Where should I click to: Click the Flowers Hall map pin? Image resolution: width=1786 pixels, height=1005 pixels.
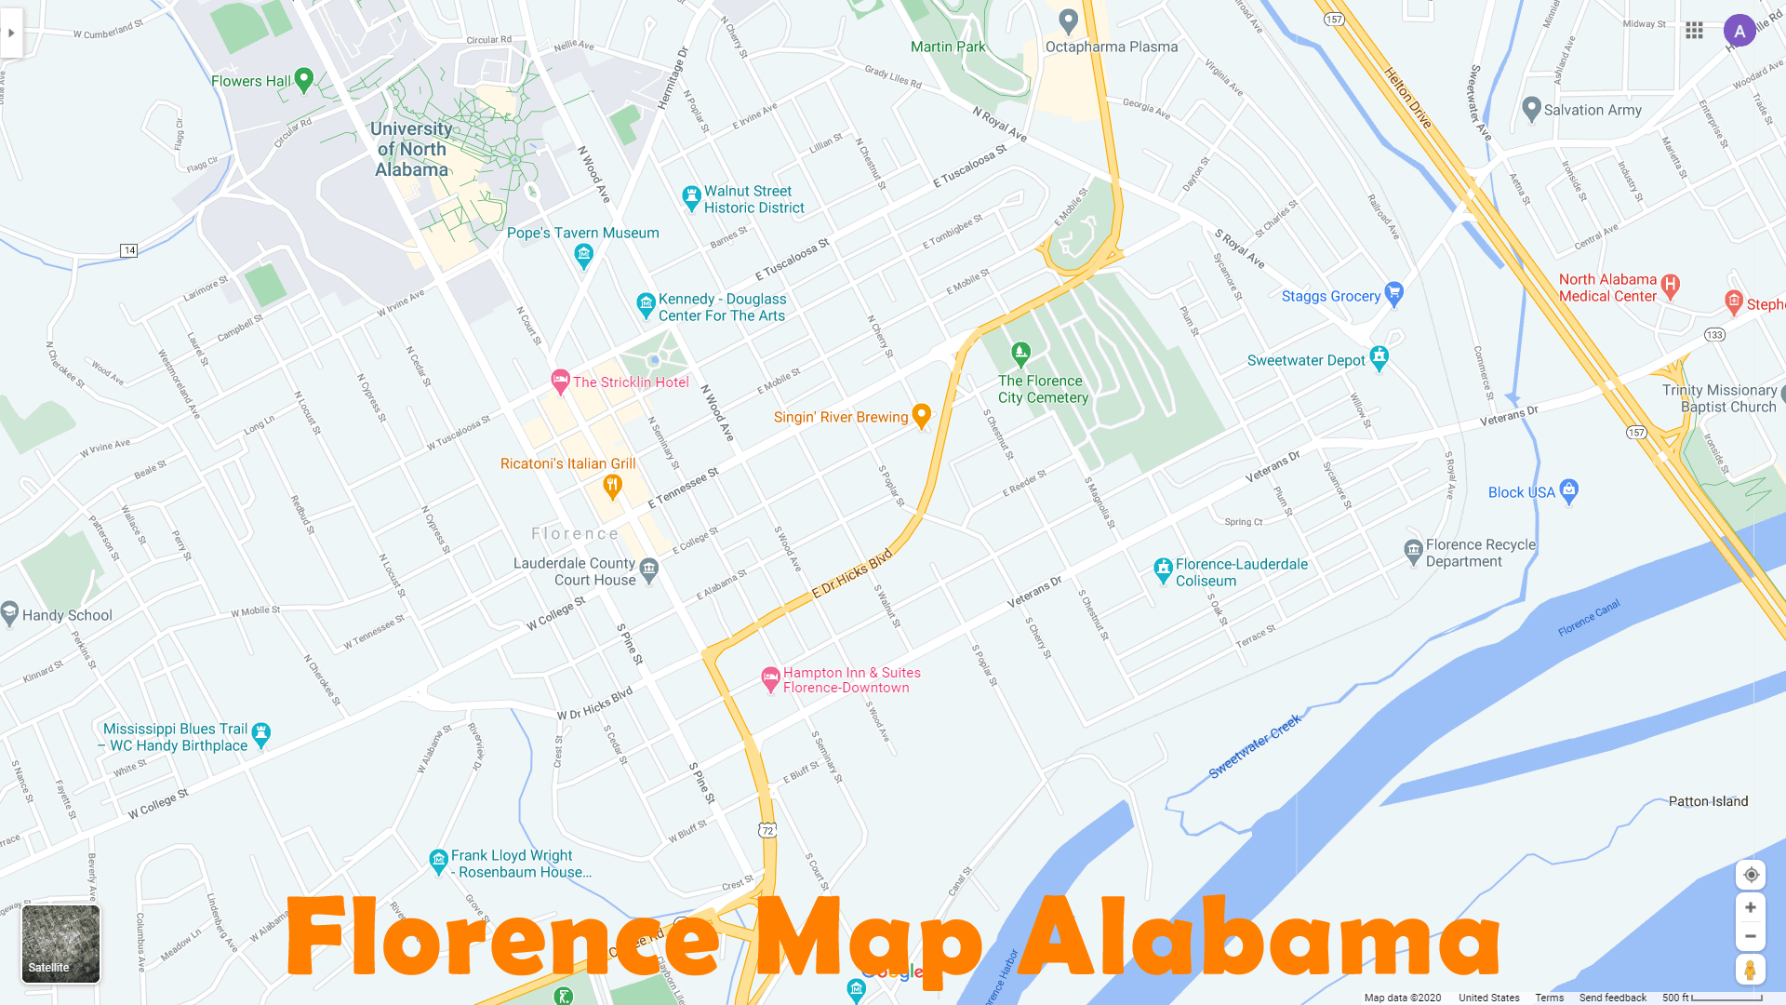pos(303,80)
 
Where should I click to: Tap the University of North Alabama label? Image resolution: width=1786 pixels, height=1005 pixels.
pos(411,149)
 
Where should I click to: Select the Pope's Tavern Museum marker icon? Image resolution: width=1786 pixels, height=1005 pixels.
pos(583,254)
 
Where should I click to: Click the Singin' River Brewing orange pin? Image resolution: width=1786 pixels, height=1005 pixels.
pos(921,415)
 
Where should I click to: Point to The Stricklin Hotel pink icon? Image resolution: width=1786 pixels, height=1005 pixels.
pos(560,380)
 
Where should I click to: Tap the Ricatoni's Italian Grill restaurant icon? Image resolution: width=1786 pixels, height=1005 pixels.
pos(612,485)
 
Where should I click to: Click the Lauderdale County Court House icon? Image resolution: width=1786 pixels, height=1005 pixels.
pos(649,569)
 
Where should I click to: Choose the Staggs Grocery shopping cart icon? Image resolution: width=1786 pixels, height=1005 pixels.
pos(1393,294)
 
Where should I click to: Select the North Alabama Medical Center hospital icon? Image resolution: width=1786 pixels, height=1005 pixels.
pos(1670,286)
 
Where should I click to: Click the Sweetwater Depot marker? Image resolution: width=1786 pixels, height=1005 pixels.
pos(1379,358)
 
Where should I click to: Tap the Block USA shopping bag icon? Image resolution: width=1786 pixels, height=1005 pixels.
pos(1569,489)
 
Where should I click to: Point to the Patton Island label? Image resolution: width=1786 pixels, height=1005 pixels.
pos(1708,801)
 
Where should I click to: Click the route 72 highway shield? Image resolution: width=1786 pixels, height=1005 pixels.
pos(766,830)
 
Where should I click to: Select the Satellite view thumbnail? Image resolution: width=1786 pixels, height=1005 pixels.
pos(60,944)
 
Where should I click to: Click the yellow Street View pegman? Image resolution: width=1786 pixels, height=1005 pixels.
pos(1750,970)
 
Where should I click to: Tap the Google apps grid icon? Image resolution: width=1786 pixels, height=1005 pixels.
pos(1694,31)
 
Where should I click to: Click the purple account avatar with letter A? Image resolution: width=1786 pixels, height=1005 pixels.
pos(1739,31)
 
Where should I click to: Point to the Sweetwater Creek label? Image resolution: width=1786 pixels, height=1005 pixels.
pos(1254,747)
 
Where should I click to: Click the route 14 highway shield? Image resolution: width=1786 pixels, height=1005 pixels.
pos(129,250)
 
